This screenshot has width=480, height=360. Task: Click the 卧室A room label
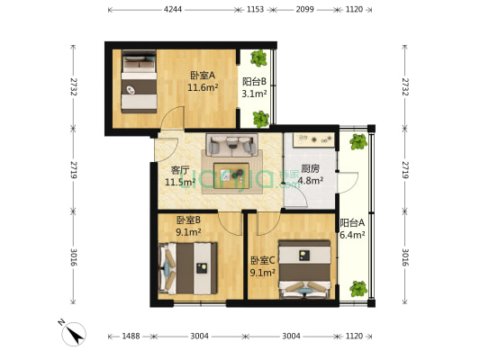[x=203, y=76]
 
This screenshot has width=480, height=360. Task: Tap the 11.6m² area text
[x=203, y=87]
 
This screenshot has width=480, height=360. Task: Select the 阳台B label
[x=254, y=81]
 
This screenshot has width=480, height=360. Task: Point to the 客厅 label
[x=179, y=169]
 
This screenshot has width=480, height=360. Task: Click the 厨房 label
[x=311, y=168]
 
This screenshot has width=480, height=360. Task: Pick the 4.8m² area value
[x=311, y=180]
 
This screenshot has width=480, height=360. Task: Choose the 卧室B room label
[x=188, y=220]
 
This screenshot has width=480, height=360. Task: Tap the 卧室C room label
[x=263, y=261]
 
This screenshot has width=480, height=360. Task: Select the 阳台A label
[x=351, y=223]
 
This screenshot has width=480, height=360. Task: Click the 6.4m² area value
[x=351, y=236]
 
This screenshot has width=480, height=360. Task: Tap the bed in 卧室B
[x=189, y=266]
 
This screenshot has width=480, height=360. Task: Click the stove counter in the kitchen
[x=310, y=140]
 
